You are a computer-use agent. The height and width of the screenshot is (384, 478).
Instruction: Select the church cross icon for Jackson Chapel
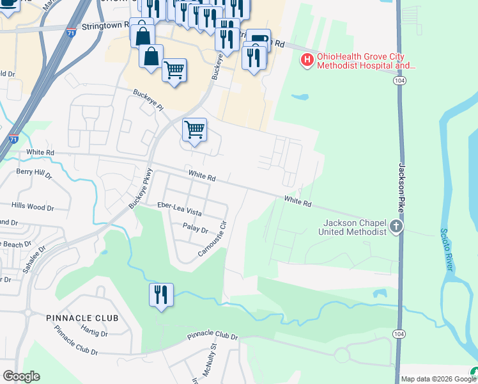pos(396,226)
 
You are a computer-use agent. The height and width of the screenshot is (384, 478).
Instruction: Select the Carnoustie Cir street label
pos(213,239)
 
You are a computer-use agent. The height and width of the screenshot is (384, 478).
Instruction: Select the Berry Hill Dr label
pos(33,172)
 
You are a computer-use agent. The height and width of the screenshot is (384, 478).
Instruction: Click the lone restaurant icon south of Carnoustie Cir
pos(160,294)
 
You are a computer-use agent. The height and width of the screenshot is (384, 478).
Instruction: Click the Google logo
pos(21,376)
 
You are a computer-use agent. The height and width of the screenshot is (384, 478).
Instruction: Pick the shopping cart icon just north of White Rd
pos(194,129)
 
